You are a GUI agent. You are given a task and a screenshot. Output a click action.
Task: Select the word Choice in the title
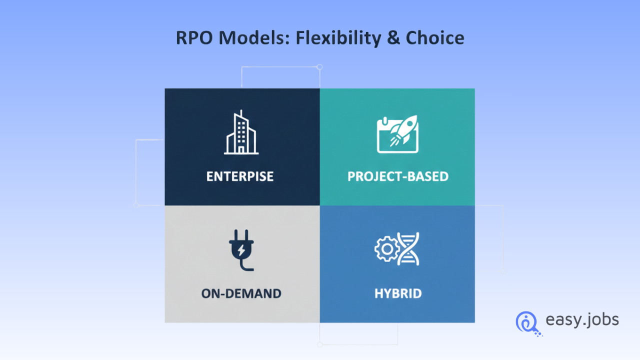434,38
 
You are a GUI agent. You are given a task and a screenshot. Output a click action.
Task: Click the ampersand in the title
393,38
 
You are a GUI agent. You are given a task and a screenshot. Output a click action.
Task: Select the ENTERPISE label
240,176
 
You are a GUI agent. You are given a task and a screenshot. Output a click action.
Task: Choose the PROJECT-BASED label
397,176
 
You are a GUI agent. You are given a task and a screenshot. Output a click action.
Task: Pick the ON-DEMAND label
241,293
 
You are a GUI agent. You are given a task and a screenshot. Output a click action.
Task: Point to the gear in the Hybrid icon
385,248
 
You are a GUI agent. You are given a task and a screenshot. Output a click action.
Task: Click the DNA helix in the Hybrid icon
409,248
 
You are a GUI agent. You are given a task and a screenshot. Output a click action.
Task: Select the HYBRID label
398,293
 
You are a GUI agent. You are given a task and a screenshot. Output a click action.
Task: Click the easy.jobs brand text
582,320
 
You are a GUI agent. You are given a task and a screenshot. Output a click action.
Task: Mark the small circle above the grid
319,67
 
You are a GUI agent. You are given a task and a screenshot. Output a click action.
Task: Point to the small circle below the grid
320,344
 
